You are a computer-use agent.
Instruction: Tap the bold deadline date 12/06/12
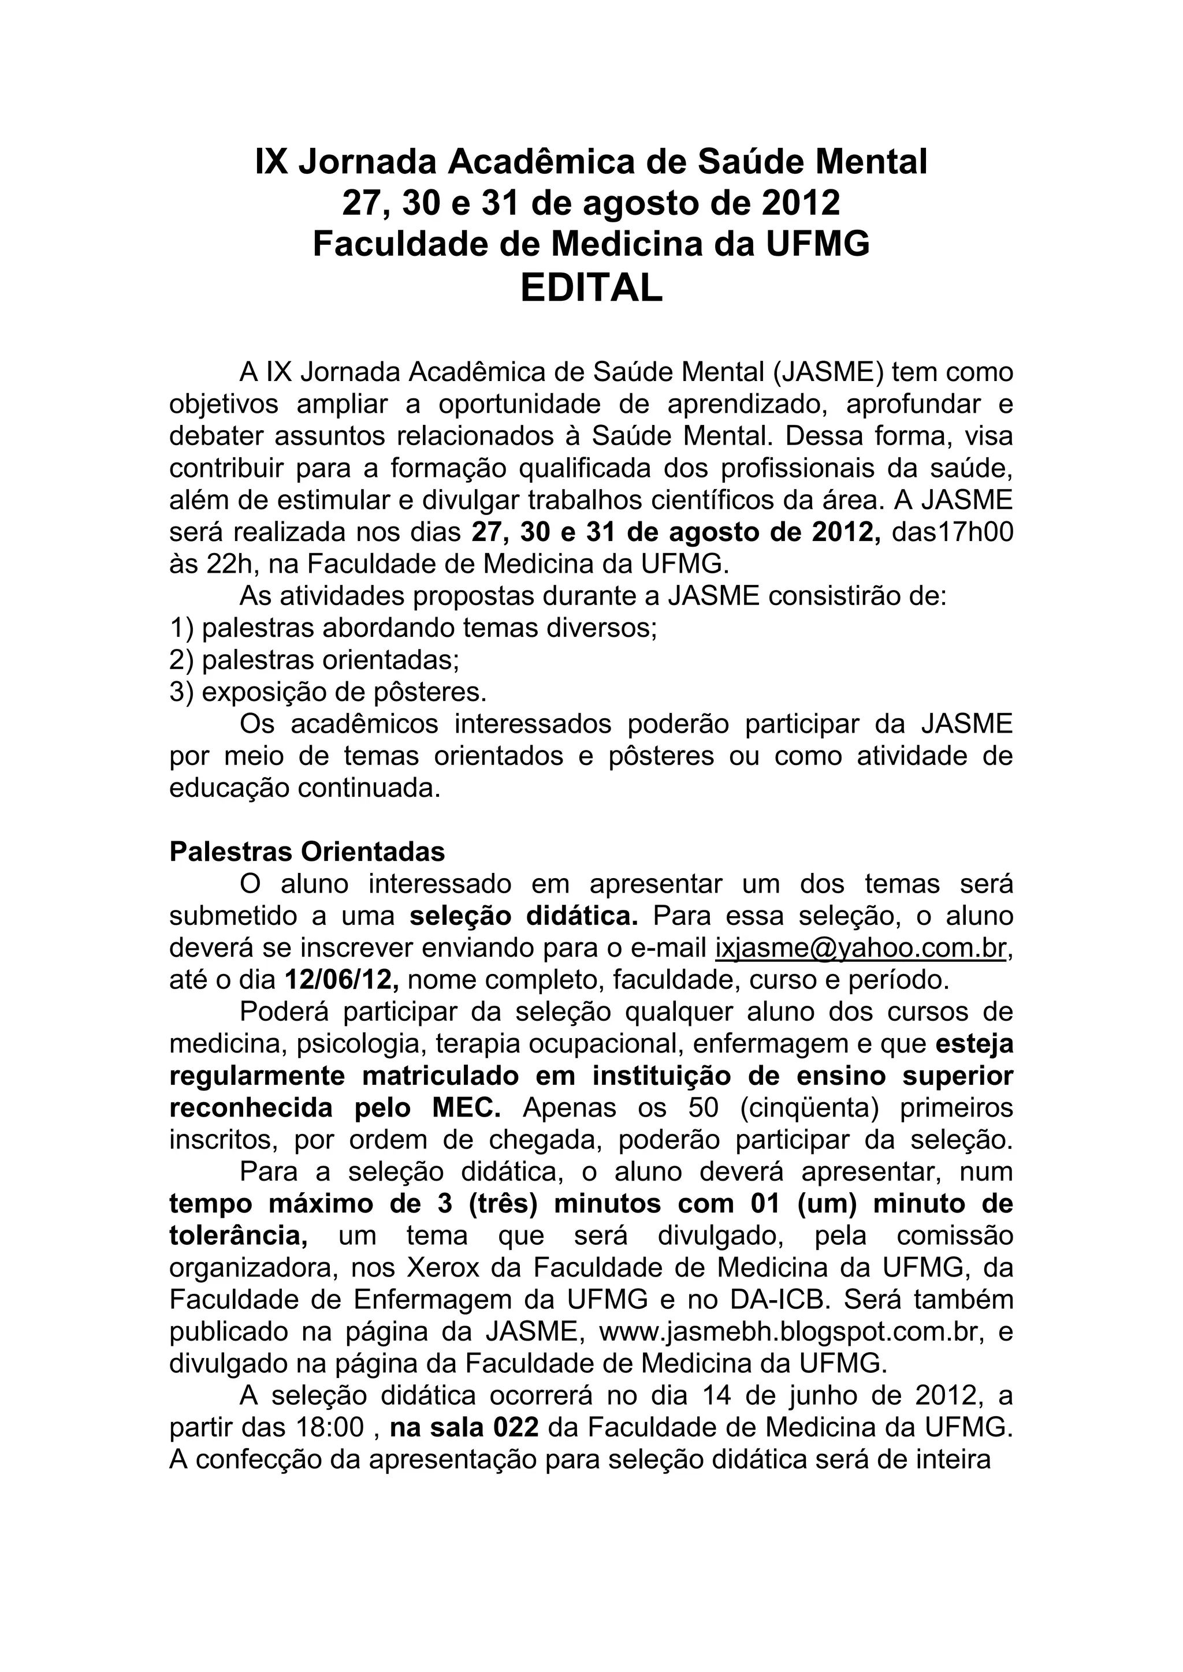(x=341, y=980)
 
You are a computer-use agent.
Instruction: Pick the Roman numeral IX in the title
(x=271, y=162)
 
